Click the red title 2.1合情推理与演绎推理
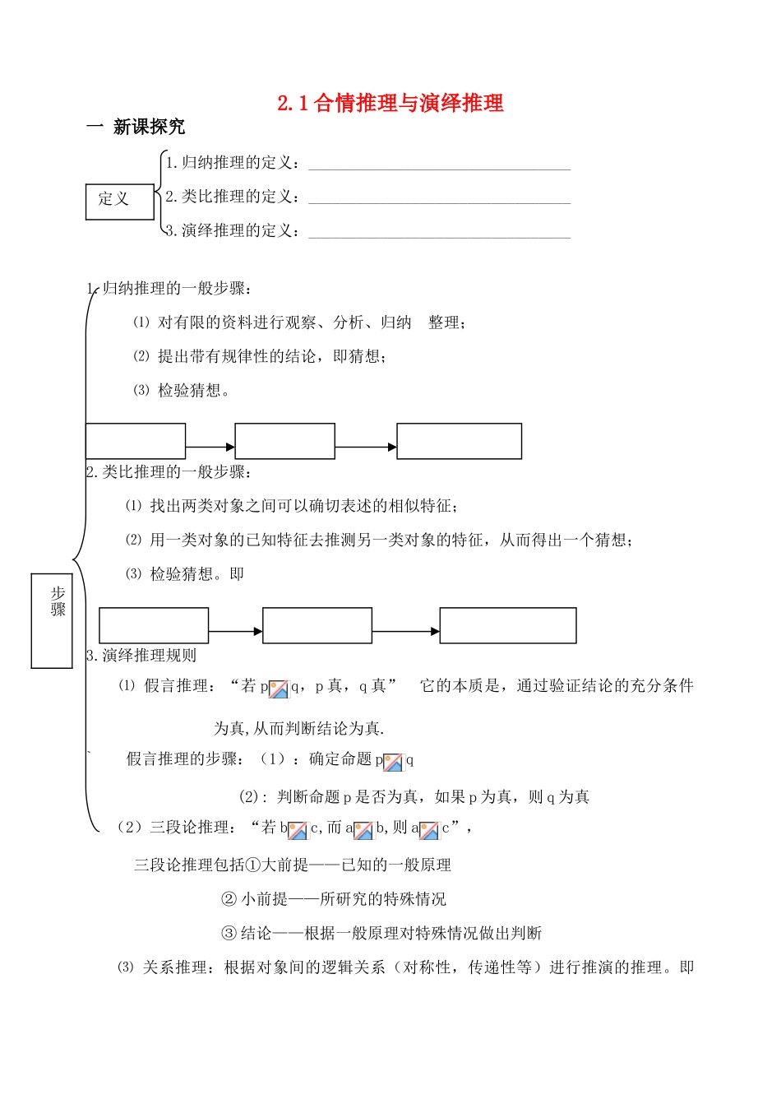[390, 103]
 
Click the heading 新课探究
[149, 127]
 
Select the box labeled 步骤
[52, 620]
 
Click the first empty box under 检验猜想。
[136, 441]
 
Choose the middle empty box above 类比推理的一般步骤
[284, 441]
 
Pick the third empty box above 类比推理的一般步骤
[459, 441]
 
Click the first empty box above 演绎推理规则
[154, 625]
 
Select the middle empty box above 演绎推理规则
[317, 625]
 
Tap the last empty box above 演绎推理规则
[508, 625]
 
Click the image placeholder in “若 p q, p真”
[279, 689]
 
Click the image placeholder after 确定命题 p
[393, 762]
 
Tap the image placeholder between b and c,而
[298, 830]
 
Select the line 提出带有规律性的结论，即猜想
[271, 356]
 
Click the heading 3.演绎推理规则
[141, 656]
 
